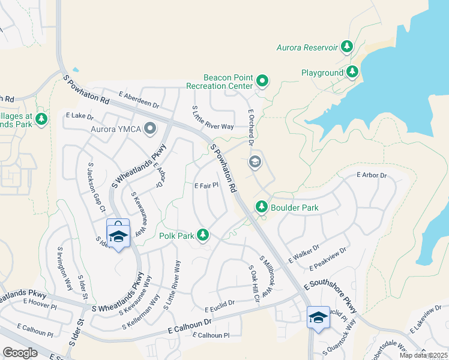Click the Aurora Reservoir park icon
(346, 46)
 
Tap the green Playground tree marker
(352, 73)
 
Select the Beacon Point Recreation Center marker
(262, 80)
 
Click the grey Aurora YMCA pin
(149, 127)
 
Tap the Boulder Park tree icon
(261, 207)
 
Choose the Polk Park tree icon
(203, 235)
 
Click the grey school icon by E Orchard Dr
(255, 161)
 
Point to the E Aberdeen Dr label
(139, 100)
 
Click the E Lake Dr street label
(80, 115)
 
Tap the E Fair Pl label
(205, 186)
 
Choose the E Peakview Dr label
(328, 258)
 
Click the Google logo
(20, 352)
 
